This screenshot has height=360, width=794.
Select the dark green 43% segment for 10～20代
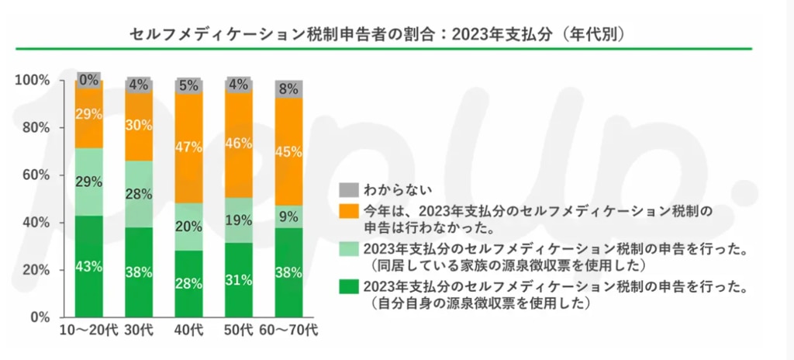pos(89,266)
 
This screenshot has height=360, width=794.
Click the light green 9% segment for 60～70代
pos(288,216)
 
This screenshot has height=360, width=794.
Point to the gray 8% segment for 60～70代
pos(288,88)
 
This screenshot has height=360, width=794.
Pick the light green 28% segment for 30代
pos(140,193)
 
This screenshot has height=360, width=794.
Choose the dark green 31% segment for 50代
pos(239,280)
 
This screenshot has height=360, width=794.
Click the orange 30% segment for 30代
pos(140,126)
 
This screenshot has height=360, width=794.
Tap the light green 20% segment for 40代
pos(189,226)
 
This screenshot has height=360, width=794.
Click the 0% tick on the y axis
pos(40,317)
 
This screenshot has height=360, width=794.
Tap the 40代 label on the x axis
pos(189,331)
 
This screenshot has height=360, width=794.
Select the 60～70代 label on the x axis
pos(288,331)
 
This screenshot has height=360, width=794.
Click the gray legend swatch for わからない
pos(347,189)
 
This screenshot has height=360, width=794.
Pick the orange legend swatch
pos(347,210)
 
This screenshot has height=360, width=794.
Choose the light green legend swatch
pos(347,249)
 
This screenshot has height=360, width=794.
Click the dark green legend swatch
pos(347,288)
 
